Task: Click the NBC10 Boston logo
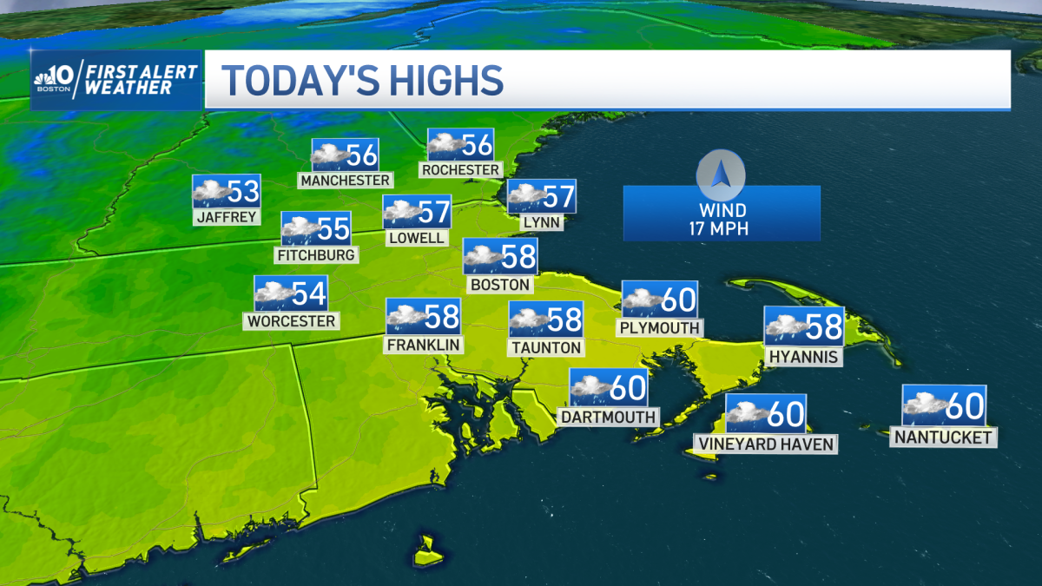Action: pos(56,79)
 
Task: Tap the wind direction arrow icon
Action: pos(721,174)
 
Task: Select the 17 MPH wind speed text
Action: pos(722,229)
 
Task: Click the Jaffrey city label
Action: pos(227,217)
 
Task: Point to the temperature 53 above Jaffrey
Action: pos(244,191)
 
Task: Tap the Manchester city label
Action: pos(345,180)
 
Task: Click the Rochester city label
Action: pos(461,169)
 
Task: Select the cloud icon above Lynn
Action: pos(525,197)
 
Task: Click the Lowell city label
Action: pos(418,237)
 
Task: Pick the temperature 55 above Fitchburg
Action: pos(333,229)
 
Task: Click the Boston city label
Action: pos(499,284)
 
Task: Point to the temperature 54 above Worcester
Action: pos(308,293)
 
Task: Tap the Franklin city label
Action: pos(424,345)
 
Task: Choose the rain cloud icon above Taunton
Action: pos(528,319)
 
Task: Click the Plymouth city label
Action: pos(659,327)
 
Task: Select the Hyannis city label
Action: pos(803,356)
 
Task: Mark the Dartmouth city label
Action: pos(608,417)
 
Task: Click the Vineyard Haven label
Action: pos(765,444)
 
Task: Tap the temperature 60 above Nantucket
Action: pos(964,405)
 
